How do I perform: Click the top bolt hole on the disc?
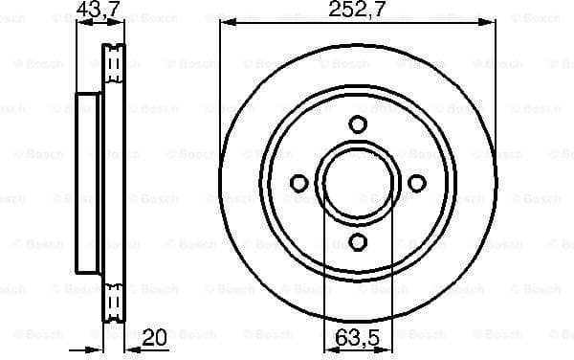[x=358, y=124]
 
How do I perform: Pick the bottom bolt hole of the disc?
[x=358, y=241]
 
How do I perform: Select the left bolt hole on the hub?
[x=298, y=183]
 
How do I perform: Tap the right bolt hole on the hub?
[x=416, y=183]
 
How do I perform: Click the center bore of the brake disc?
[x=358, y=183]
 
